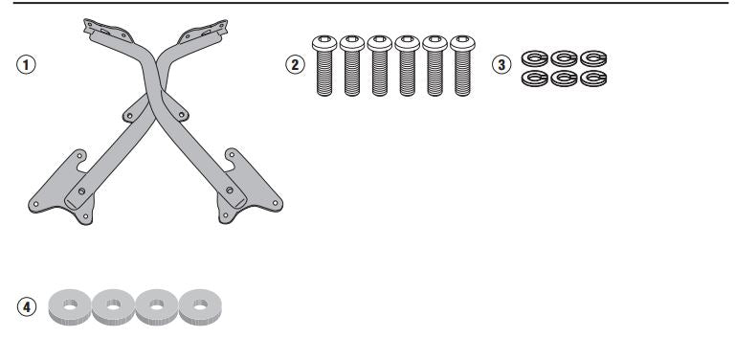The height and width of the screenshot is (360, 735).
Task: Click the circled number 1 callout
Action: coord(28,65)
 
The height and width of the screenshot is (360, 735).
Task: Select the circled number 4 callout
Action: coord(28,307)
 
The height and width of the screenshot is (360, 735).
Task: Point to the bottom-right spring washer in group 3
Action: coord(593,78)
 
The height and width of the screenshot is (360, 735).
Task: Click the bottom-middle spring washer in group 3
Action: coord(563,78)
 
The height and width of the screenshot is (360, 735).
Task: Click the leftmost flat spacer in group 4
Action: coord(69,305)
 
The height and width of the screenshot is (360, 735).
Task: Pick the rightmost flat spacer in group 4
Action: coord(200,305)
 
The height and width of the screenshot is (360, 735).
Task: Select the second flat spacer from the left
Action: coord(113,305)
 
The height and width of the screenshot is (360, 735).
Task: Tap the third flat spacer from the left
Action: coord(157,305)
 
